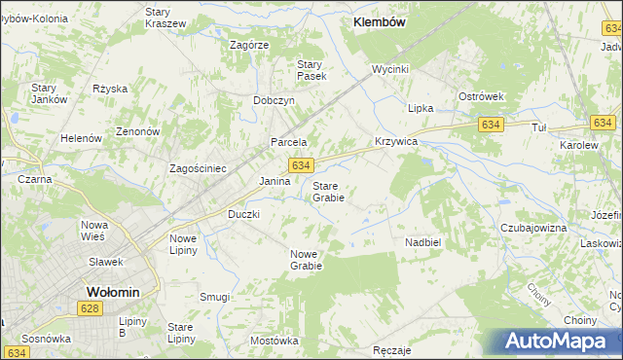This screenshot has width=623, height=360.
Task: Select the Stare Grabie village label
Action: [x=328, y=191]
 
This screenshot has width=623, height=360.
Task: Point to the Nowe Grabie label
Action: [x=305, y=259]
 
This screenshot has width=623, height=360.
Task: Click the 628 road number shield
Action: [x=91, y=307]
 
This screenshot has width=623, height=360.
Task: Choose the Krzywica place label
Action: [x=396, y=141]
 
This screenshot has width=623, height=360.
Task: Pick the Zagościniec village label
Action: [x=198, y=168]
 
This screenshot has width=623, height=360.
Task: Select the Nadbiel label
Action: [x=423, y=241]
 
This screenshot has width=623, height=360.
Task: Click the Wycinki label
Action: [x=389, y=69]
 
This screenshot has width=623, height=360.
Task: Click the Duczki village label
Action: [x=243, y=213]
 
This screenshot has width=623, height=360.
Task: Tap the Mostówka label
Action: [x=274, y=341]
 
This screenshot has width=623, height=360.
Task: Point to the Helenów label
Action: [x=82, y=138]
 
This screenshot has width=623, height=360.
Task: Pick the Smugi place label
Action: [x=214, y=297]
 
